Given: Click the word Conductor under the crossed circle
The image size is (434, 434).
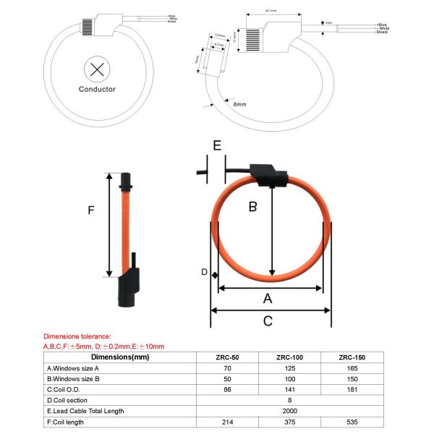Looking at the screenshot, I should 97,90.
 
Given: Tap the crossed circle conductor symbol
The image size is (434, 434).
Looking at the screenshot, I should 96,69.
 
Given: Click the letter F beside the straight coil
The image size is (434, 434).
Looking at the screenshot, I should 90,210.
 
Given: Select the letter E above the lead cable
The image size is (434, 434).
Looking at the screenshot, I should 216,145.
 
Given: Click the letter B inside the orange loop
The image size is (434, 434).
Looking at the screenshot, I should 253,207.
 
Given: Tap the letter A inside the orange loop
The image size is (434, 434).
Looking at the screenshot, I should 268,298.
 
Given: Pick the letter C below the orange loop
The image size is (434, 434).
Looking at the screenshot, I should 268,320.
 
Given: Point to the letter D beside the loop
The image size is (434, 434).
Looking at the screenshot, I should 204,273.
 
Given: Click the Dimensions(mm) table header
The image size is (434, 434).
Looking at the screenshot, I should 120,357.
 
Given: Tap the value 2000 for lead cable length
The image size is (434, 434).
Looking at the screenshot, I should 289,410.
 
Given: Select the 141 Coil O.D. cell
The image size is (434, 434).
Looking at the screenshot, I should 289,389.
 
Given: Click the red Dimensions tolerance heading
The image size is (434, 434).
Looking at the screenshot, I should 77,336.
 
